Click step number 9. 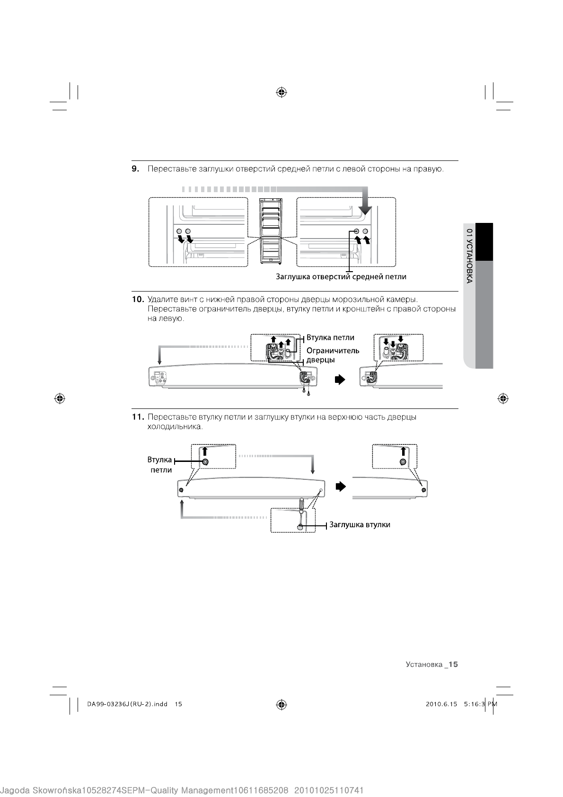click(x=135, y=169)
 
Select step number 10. click(x=137, y=299)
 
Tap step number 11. click(x=137, y=417)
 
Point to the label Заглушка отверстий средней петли click(x=341, y=276)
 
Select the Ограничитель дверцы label click(x=333, y=355)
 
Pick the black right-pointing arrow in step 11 click(x=341, y=487)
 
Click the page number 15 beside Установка click(x=453, y=664)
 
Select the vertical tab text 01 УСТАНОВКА click(x=469, y=256)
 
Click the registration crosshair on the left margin click(x=60, y=398)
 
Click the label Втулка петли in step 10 click(x=330, y=337)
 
